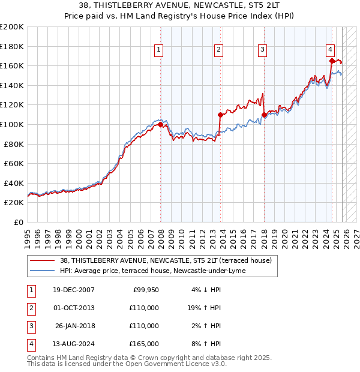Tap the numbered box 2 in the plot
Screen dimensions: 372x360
pos(219,50)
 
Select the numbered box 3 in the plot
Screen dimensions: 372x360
pos(263,50)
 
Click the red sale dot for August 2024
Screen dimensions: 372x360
pos(332,60)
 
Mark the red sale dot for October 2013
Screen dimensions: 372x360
pos(220,115)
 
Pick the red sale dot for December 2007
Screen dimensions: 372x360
pos(161,124)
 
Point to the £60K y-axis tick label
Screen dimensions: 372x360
pos(14,163)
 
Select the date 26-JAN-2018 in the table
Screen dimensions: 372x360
pos(74,326)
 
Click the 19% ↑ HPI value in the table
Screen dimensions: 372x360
pos(203,308)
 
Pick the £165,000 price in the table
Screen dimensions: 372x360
pos(143,344)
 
